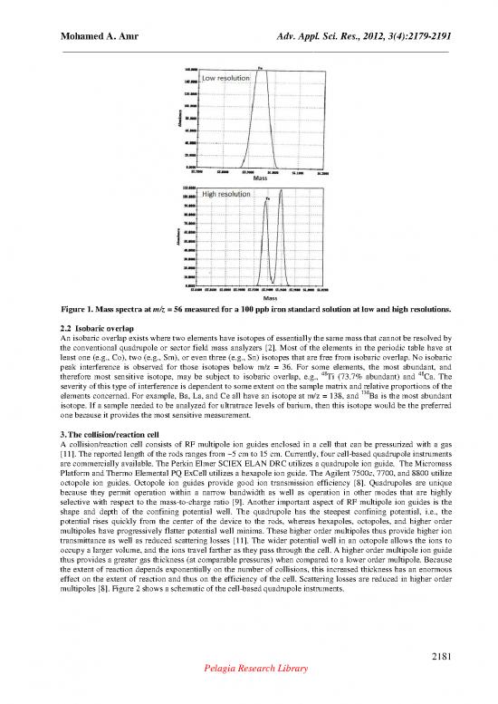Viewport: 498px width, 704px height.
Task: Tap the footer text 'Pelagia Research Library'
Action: pyautogui.click(x=249, y=690)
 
